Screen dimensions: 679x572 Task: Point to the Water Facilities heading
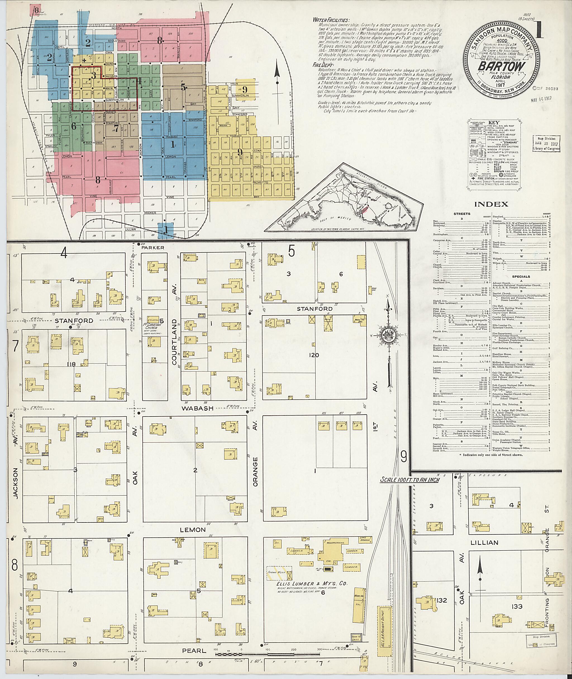point(331,20)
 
